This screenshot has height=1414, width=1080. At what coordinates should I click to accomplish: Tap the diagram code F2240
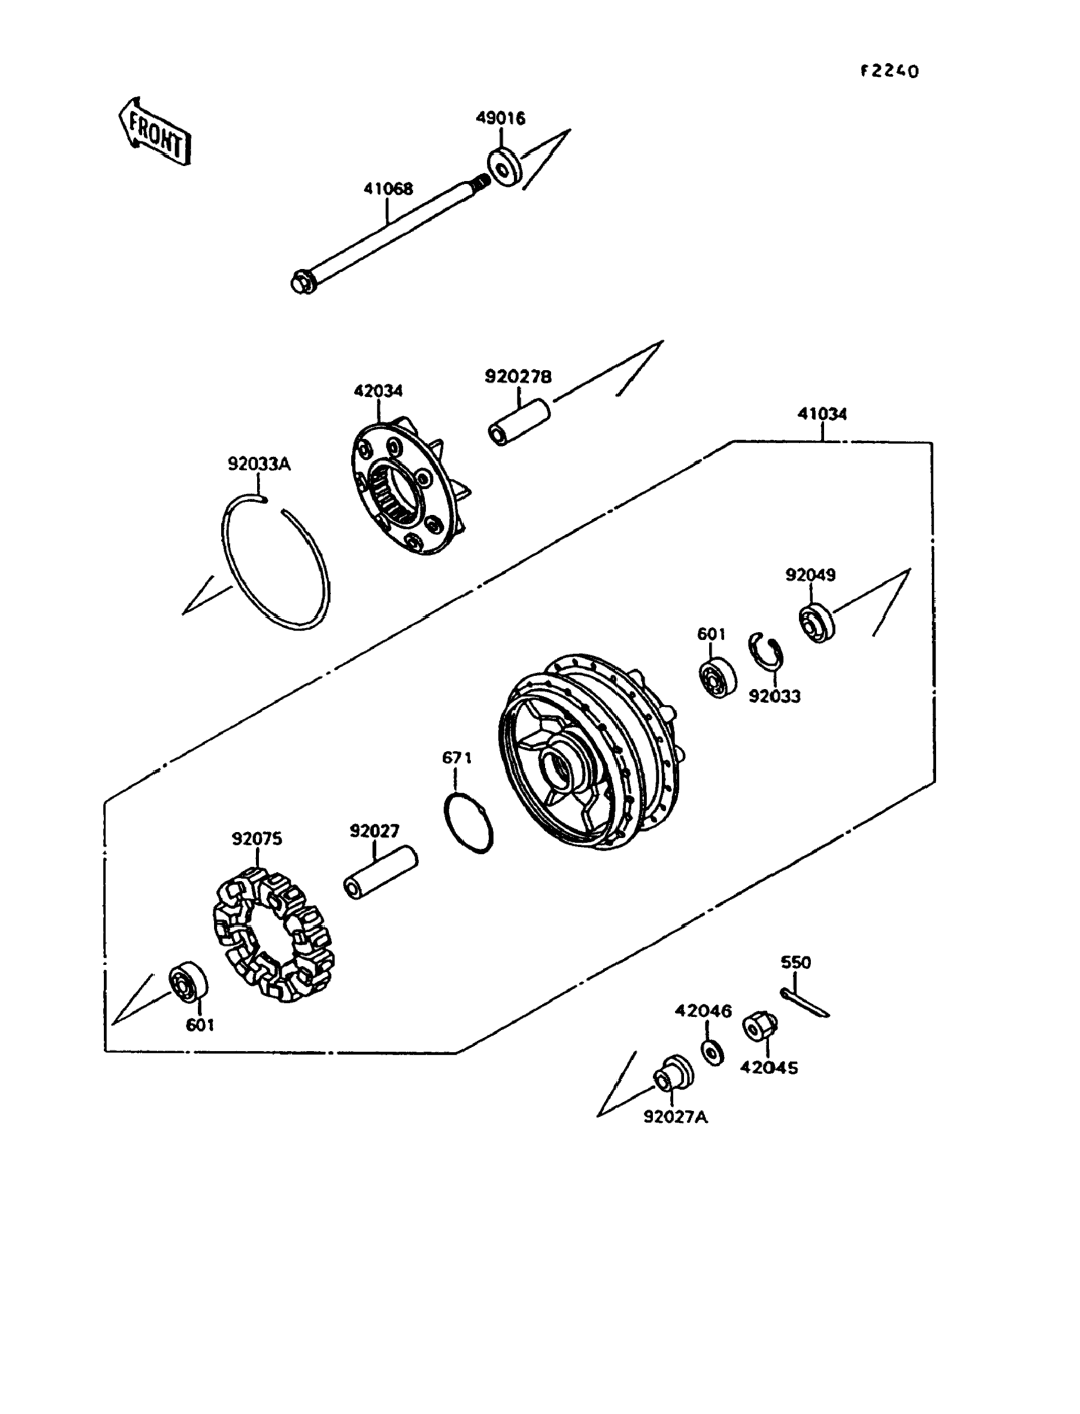pos(890,71)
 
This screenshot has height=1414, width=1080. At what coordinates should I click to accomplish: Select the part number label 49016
pos(500,118)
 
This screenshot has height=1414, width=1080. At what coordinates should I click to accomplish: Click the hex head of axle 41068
pos(300,283)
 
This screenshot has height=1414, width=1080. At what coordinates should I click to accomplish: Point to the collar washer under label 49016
pos(504,168)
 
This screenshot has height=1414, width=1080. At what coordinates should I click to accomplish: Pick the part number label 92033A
pos(259,463)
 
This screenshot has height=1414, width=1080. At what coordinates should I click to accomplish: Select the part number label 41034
pos(822,413)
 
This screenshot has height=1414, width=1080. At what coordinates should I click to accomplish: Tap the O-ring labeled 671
pos(469,823)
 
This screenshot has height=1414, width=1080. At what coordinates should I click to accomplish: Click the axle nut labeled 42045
pos(760,1028)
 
